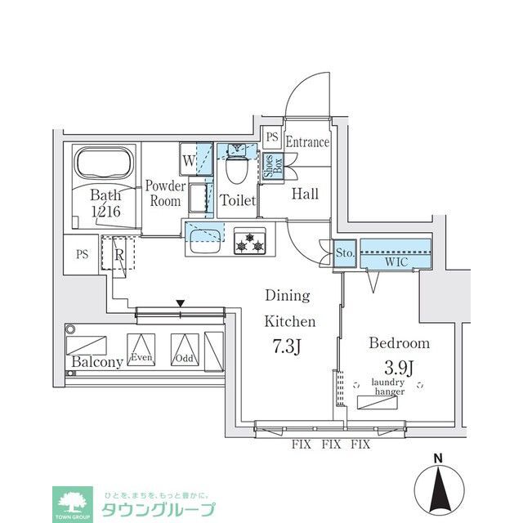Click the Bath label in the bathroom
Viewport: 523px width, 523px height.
tap(105, 195)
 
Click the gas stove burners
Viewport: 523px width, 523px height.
tap(248, 241)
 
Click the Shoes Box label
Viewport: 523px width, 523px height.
tap(273, 167)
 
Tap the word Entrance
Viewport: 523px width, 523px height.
tap(306, 142)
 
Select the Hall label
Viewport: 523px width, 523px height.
tap(306, 194)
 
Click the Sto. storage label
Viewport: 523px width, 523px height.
tap(345, 253)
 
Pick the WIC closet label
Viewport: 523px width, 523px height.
tap(396, 262)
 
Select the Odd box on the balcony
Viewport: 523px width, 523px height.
tap(183, 350)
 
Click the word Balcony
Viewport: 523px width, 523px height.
tap(96, 362)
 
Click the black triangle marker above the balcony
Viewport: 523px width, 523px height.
tap(181, 305)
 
